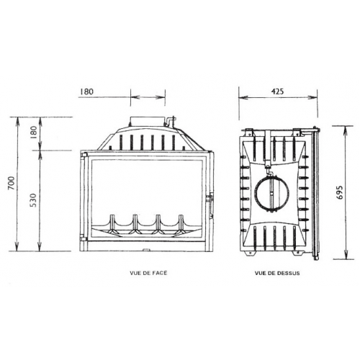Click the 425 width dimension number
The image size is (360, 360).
(x=276, y=91)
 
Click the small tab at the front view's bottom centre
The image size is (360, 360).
(x=146, y=251)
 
